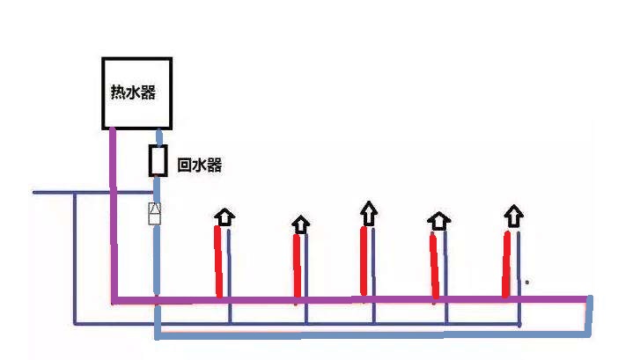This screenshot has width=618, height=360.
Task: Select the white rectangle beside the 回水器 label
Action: tap(158, 161)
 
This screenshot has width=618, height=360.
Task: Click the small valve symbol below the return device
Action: tap(155, 213)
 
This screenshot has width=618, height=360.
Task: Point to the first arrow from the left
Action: tap(225, 217)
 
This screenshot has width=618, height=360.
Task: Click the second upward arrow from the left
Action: tap(301, 224)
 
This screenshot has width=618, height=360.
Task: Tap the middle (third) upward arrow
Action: tap(368, 211)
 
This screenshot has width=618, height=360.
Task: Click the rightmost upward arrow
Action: tap(513, 215)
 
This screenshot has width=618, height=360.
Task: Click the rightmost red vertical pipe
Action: tap(506, 264)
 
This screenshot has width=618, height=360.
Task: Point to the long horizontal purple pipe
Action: tap(352, 300)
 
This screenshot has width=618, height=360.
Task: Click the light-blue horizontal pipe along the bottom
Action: tap(370, 335)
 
